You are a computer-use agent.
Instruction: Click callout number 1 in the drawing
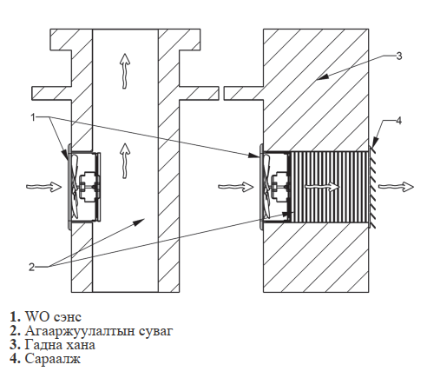pyautogui.click(x=33, y=117)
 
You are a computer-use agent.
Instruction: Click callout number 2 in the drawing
pyautogui.click(x=32, y=267)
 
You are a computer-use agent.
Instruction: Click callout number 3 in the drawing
pyautogui.click(x=399, y=56)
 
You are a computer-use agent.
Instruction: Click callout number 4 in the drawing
pyautogui.click(x=399, y=121)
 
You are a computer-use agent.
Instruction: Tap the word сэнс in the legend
pyautogui.click(x=68, y=317)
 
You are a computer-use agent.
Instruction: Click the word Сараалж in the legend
pyautogui.click(x=53, y=359)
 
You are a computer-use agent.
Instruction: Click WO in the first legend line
pyautogui.click(x=37, y=316)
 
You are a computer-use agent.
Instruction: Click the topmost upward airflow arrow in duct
pyautogui.click(x=125, y=71)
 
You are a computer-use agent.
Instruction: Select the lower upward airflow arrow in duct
pyautogui.click(x=125, y=161)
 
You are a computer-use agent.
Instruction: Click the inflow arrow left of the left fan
pyautogui.click(x=44, y=187)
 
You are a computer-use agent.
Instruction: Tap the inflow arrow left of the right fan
pyautogui.click(x=236, y=187)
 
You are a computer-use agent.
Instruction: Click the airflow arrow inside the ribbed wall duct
pyautogui.click(x=322, y=187)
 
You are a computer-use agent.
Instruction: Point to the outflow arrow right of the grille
pyautogui.click(x=396, y=187)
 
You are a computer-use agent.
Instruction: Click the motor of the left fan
pyautogui.click(x=88, y=188)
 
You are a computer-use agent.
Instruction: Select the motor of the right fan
pyautogui.click(x=279, y=188)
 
